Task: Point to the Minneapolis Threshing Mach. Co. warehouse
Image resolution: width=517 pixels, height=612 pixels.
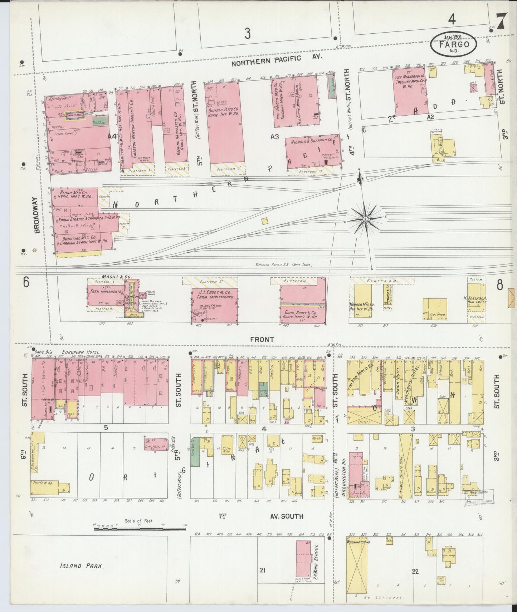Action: (x=411, y=88)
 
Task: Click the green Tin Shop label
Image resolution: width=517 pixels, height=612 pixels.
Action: (x=99, y=122)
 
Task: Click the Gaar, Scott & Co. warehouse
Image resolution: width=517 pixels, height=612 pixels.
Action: (x=303, y=304)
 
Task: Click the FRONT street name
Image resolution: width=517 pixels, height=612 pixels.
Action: (x=262, y=339)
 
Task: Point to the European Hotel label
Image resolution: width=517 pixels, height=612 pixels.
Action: (x=82, y=352)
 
